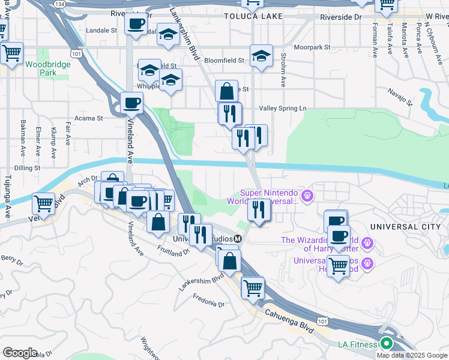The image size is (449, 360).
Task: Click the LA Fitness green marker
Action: [x=385, y=344]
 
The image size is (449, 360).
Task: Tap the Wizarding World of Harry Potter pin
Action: [x=367, y=243]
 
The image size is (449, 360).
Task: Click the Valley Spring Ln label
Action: [x=282, y=108]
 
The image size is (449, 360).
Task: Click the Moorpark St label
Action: [x=312, y=47]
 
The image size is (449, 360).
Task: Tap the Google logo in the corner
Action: [x=20, y=353]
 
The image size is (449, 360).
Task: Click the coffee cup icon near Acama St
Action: [x=131, y=103]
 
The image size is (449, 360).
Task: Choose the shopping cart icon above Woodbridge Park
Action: [x=11, y=53]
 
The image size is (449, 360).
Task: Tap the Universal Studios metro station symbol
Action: [x=238, y=239]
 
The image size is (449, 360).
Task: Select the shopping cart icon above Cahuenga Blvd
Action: [x=253, y=287]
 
